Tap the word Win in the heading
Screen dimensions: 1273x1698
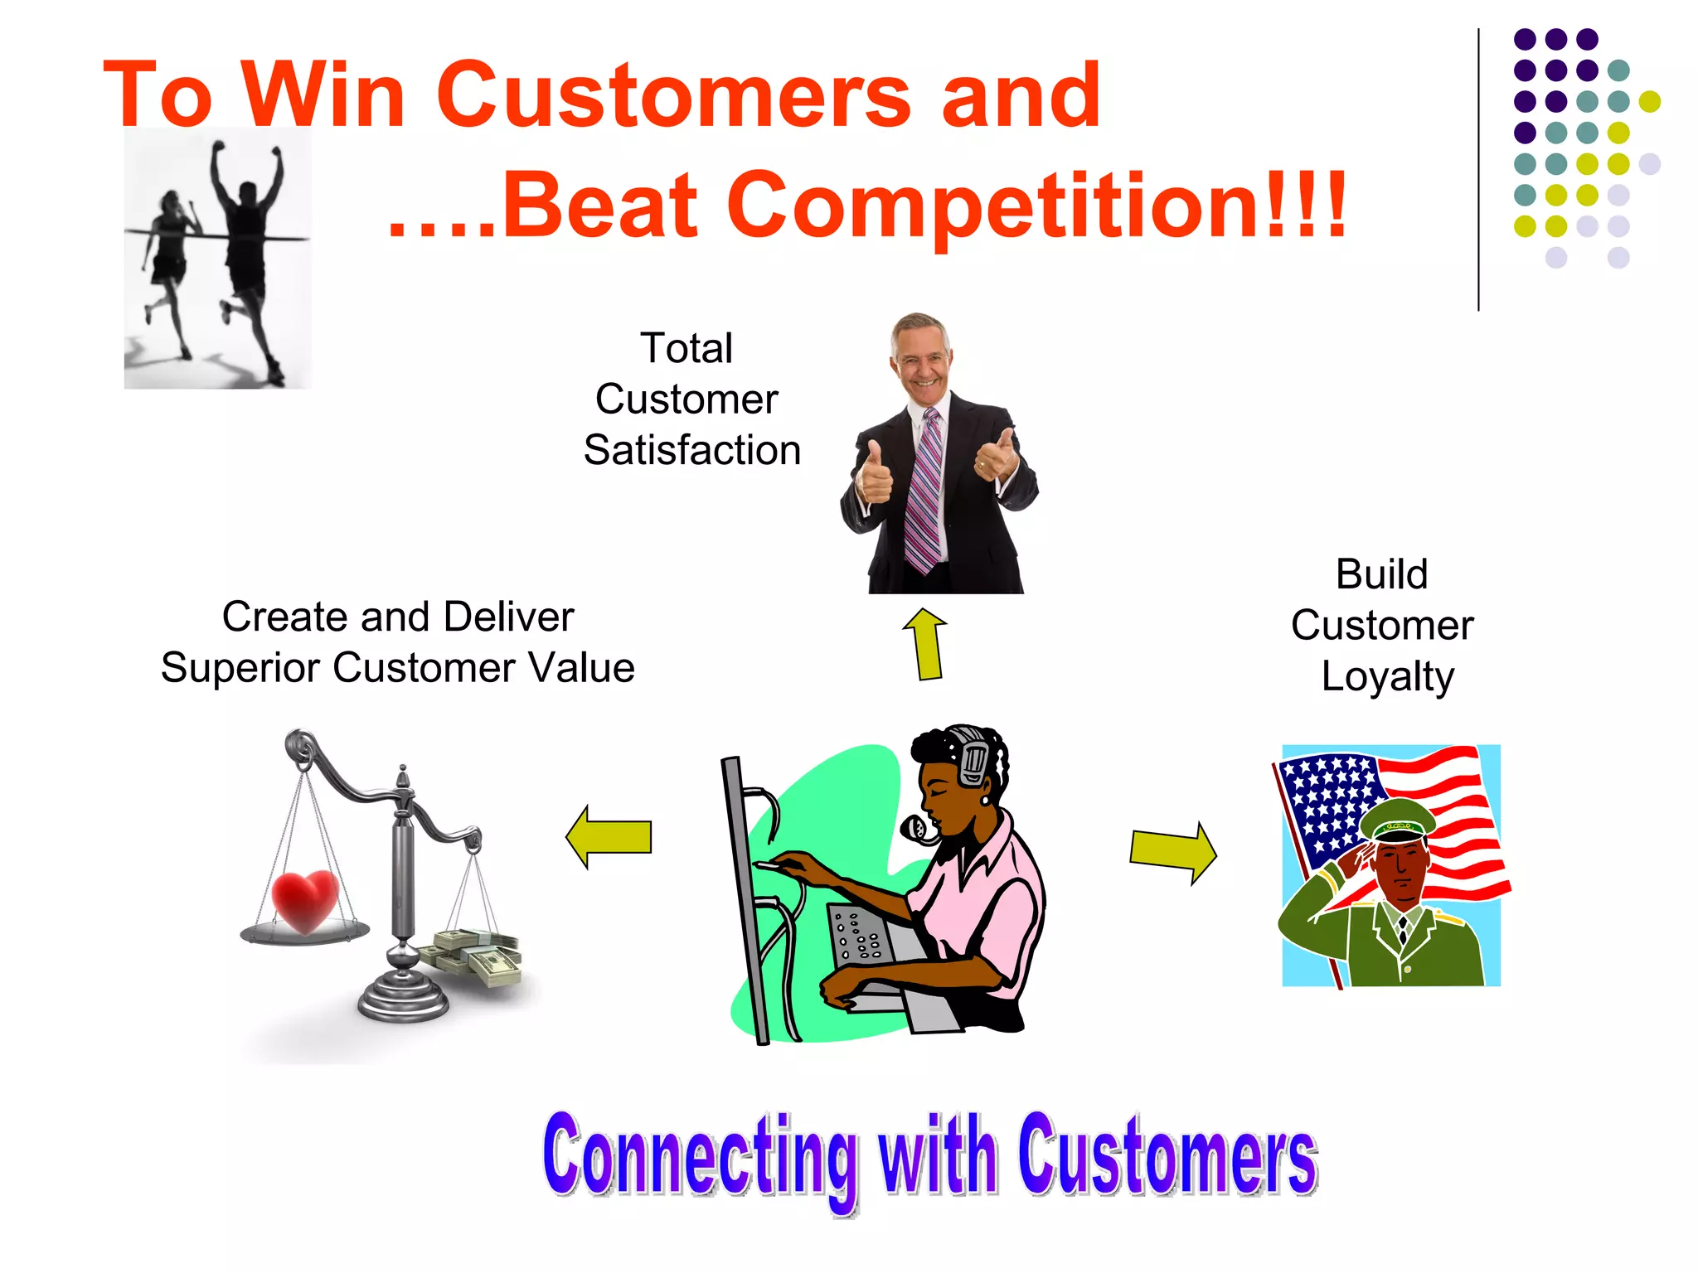pos(323,95)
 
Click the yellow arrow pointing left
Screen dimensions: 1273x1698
pos(609,836)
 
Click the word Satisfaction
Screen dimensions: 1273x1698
pos(692,451)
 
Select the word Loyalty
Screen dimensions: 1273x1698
pos(1387,676)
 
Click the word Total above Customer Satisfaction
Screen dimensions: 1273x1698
pos(686,348)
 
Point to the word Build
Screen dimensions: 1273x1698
pos(1382,574)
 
